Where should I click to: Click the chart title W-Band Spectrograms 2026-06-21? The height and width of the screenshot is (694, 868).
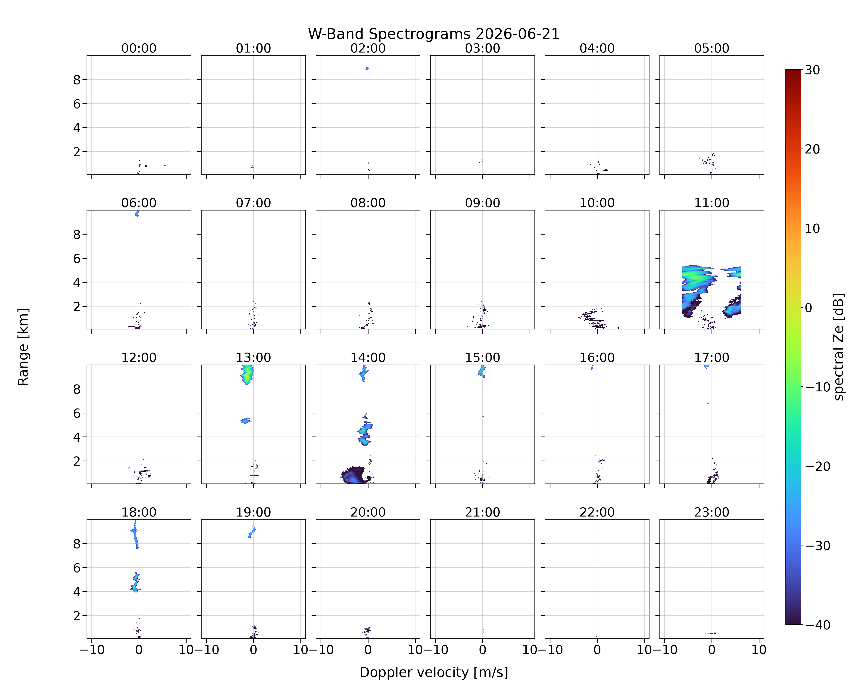[x=434, y=34]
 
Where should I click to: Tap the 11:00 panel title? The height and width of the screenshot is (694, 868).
[x=711, y=203]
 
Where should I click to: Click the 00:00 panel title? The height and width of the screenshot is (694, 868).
[x=139, y=48]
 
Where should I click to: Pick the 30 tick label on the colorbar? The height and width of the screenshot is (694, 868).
[x=812, y=70]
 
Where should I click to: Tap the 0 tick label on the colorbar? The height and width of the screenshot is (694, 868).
[x=809, y=308]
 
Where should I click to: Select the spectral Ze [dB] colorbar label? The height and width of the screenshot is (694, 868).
[x=839, y=347]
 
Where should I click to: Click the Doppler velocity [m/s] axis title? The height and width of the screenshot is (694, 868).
[x=434, y=672]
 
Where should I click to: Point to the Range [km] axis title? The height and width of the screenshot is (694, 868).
[x=23, y=347]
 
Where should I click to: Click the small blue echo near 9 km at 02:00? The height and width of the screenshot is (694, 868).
[x=367, y=68]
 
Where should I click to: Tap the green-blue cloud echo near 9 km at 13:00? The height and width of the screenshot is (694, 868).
[x=247, y=375]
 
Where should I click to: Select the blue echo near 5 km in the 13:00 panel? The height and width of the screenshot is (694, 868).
[x=246, y=421]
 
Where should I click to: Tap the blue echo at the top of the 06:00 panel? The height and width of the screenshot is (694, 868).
[x=137, y=214]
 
